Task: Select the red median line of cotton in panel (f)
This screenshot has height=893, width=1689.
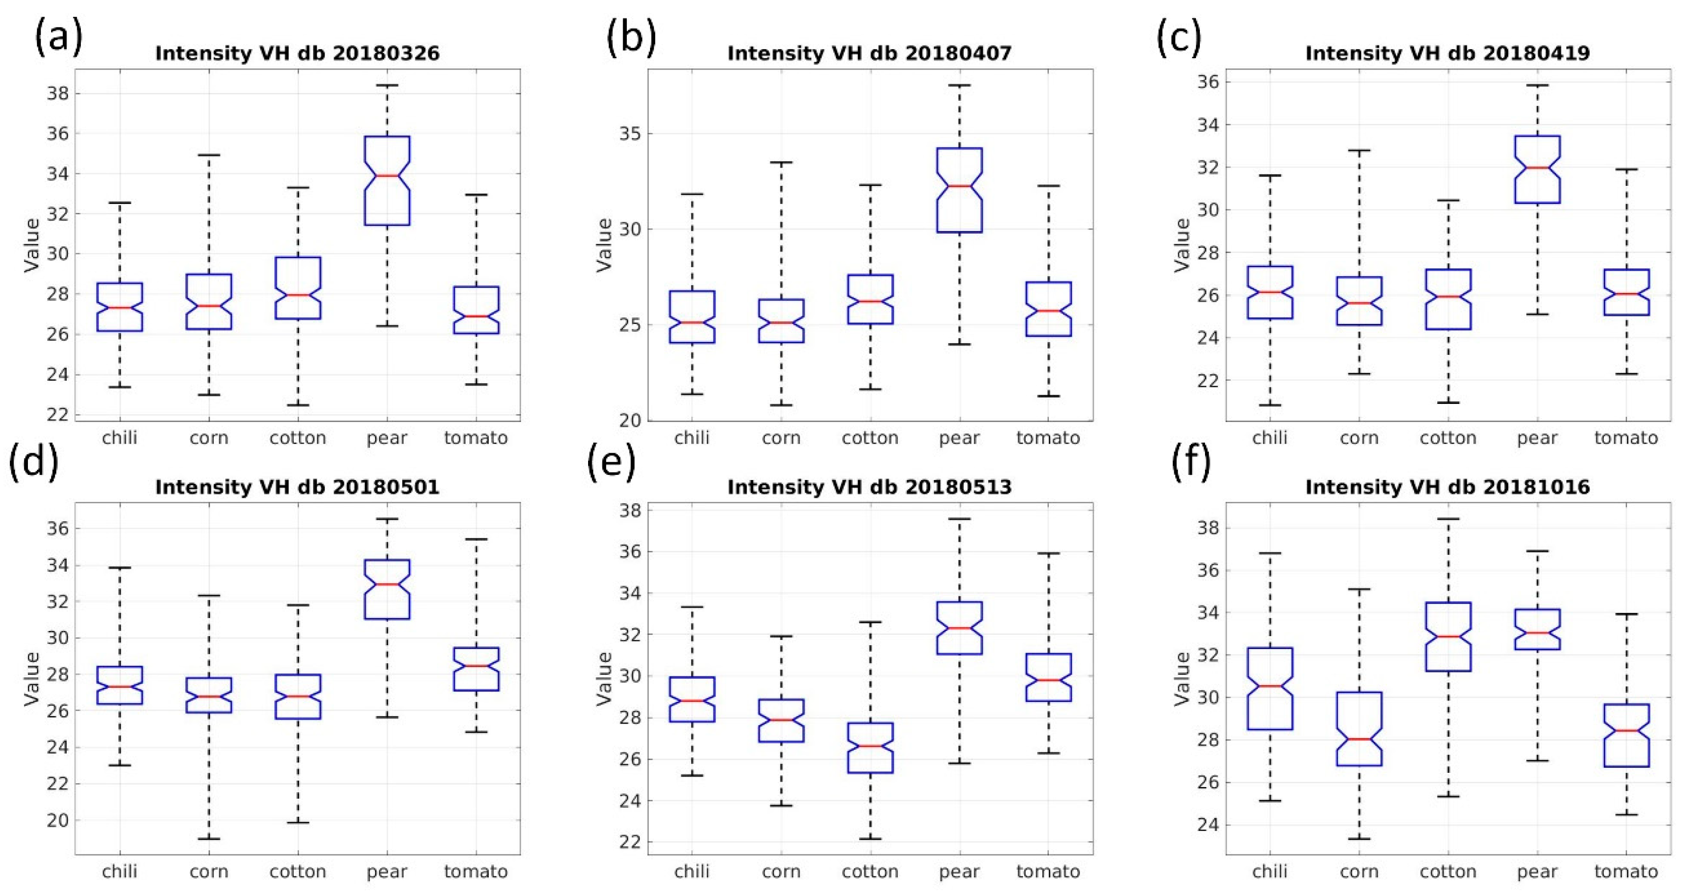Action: [1448, 637]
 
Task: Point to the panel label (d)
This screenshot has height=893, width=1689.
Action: [33, 461]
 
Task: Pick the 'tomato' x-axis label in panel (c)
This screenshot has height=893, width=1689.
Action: [1626, 438]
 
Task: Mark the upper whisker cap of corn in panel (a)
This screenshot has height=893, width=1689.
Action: [209, 156]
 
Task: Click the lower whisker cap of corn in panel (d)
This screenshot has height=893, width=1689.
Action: [209, 839]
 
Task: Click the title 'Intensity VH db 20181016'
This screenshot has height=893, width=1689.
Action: [1447, 487]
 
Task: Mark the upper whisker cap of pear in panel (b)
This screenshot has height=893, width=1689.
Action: [959, 85]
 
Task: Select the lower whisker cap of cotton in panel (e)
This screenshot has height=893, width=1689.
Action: [870, 839]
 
